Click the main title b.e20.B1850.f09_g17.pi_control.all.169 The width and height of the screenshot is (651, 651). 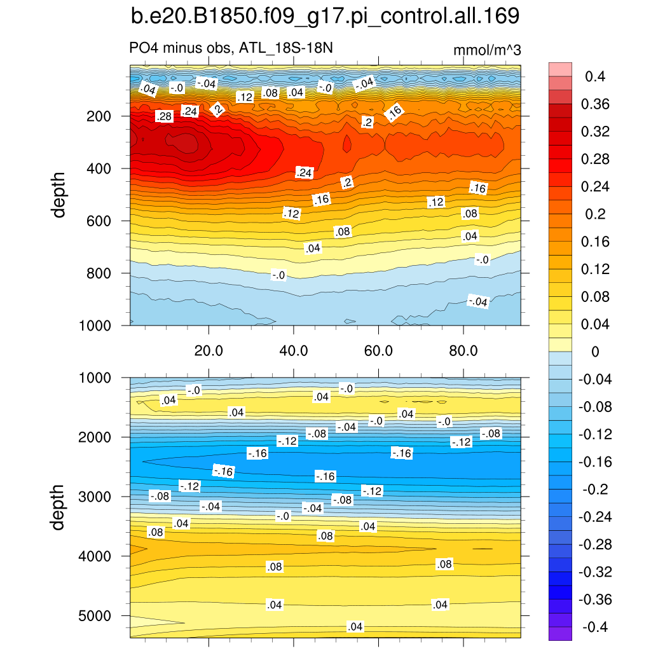(x=325, y=17)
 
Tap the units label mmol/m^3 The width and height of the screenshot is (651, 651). (x=487, y=50)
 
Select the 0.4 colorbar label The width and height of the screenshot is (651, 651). (x=596, y=77)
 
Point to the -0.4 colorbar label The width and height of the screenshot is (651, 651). (x=594, y=627)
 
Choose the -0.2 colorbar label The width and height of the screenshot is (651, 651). (x=596, y=490)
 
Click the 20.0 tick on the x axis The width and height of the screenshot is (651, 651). (x=209, y=350)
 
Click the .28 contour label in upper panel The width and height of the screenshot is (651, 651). (x=164, y=116)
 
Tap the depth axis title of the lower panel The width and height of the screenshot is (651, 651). (x=59, y=507)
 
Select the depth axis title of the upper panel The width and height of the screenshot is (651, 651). (x=59, y=195)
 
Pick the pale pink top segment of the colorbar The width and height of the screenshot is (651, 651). (x=560, y=69)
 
